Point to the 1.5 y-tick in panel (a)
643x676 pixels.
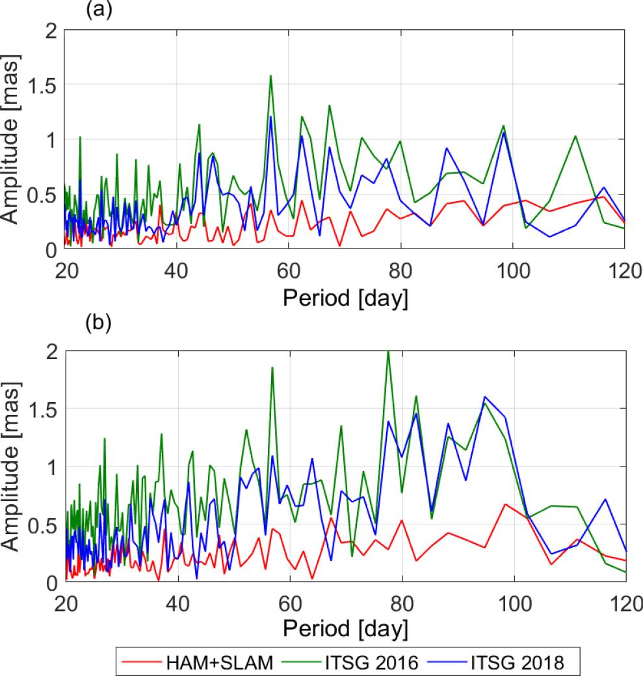point(44,85)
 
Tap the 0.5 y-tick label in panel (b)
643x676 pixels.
point(44,524)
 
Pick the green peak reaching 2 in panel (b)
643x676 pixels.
point(388,351)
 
